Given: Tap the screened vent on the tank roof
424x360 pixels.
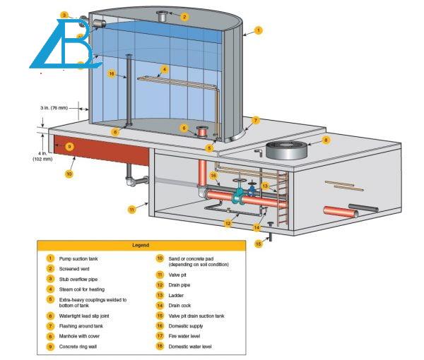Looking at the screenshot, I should pos(163,15).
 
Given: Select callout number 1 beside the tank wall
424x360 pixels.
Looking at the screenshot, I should pos(259,30).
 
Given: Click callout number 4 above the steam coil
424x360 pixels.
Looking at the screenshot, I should pos(164,69).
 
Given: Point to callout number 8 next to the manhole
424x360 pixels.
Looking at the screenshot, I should pos(326,140).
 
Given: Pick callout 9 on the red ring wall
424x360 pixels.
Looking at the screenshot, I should pos(69,146).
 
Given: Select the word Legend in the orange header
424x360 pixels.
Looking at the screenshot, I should pos(141,245).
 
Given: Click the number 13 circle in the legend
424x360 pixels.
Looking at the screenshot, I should pos(160,295).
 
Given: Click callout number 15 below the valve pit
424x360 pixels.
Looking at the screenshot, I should pos(258,244).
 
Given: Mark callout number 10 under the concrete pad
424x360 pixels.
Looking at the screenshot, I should pos(69,173).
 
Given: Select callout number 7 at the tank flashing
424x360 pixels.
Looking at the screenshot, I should pos(256,120).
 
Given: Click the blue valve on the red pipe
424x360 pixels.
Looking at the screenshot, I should pos(240,193).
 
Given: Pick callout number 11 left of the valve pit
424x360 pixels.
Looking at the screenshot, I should pos(131,209).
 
